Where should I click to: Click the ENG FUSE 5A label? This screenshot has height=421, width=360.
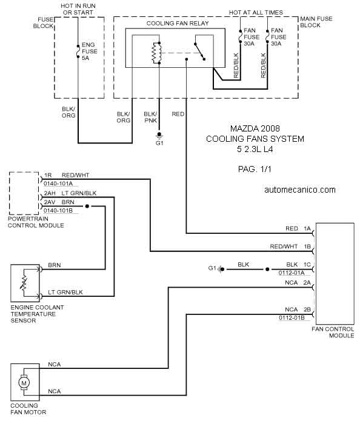point(89,51)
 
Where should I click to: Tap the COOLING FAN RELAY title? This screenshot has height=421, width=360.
point(178,24)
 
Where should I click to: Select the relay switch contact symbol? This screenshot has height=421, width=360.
point(199,51)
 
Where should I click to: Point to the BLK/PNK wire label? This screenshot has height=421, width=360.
point(150,117)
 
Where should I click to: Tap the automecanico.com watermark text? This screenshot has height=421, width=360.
point(300,190)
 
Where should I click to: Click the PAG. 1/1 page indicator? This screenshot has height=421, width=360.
point(255,169)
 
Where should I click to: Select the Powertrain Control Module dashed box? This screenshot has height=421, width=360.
point(24,193)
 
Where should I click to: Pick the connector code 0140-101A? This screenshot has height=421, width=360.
point(58,184)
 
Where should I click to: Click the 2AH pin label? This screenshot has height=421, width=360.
point(50,193)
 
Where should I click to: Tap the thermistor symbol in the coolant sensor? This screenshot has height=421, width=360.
point(24,283)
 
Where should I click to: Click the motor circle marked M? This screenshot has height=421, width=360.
point(24,383)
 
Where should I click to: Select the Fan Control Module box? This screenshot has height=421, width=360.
point(335,274)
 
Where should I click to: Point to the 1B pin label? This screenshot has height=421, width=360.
point(307,246)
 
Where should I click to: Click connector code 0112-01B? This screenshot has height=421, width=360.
point(292,318)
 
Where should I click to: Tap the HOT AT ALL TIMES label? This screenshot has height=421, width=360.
point(256,12)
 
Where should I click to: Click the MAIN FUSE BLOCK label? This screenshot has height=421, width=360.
point(316,22)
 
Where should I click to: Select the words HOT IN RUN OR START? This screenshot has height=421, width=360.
point(78,9)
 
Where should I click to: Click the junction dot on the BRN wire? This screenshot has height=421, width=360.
point(87,206)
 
